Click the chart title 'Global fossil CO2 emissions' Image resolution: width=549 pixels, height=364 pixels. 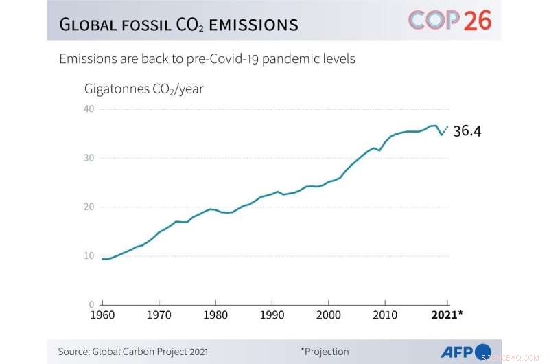(178, 25)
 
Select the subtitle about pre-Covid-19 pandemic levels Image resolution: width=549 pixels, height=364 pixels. (207, 59)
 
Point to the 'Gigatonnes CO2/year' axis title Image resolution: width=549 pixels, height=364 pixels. (143, 89)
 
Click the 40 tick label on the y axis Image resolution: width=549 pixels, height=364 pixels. (88, 109)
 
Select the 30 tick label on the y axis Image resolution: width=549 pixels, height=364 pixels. (88, 158)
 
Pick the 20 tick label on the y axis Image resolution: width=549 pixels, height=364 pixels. (88, 207)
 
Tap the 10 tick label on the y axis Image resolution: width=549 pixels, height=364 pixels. (88, 255)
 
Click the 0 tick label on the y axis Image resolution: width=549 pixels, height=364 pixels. (91, 304)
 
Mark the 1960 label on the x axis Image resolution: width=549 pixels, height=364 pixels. (102, 316)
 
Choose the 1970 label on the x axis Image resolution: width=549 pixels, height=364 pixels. (159, 316)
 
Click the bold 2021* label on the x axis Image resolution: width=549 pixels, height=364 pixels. (447, 316)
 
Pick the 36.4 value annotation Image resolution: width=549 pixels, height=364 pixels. (467, 130)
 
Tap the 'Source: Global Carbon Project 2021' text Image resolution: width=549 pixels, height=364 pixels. (132, 351)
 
